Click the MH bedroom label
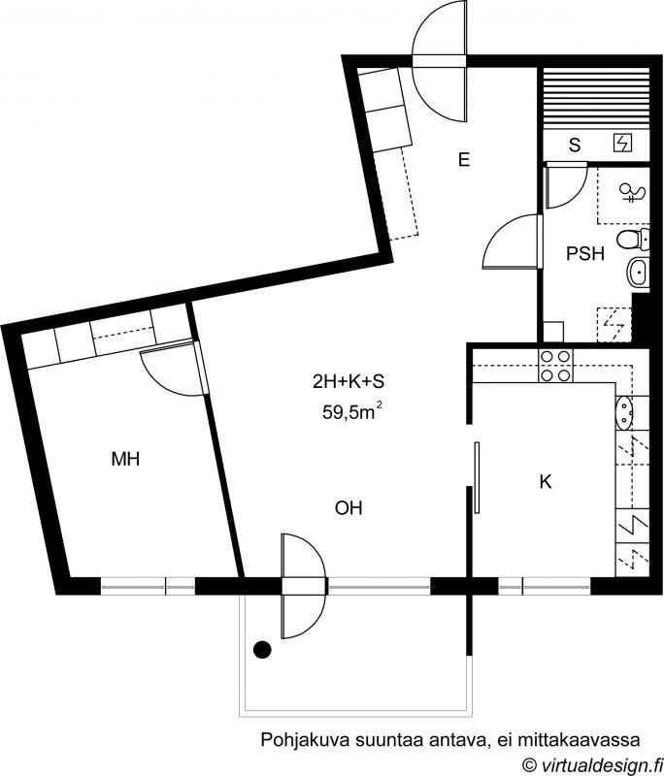pyautogui.click(x=125, y=459)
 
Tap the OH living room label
pyautogui.click(x=349, y=508)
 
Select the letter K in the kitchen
pyautogui.click(x=546, y=481)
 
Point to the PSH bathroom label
pyautogui.click(x=585, y=253)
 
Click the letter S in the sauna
pyautogui.click(x=575, y=145)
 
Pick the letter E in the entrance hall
pyautogui.click(x=464, y=160)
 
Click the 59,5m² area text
pyautogui.click(x=352, y=410)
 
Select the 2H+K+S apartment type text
pyautogui.click(x=349, y=381)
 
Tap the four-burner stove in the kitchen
pyautogui.click(x=555, y=366)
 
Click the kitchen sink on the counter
pyautogui.click(x=624, y=412)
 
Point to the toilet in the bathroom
pyautogui.click(x=633, y=240)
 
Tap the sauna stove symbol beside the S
pyautogui.click(x=623, y=144)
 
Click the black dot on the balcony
pyautogui.click(x=262, y=649)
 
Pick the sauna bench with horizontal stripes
pyautogui.click(x=596, y=99)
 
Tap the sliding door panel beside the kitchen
pyautogui.click(x=477, y=477)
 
